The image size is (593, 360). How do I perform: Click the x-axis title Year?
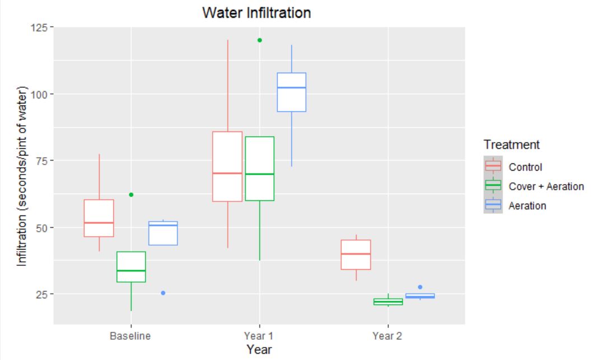pyautogui.click(x=259, y=350)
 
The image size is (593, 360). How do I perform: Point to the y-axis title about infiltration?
pyautogui.click(x=21, y=176)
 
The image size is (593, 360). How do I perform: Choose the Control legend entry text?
pyautogui.click(x=525, y=166)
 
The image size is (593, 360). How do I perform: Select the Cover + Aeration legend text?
pyautogui.click(x=546, y=186)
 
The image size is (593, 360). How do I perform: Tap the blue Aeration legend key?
pyautogui.click(x=493, y=205)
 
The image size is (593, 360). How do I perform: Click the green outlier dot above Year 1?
pyautogui.click(x=259, y=40)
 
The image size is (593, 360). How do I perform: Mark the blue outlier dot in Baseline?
pyautogui.click(x=163, y=293)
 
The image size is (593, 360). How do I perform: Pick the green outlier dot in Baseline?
pyautogui.click(x=131, y=195)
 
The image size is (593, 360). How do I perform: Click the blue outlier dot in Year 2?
pyautogui.click(x=420, y=287)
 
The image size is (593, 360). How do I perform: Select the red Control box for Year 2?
pyautogui.click(x=356, y=255)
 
